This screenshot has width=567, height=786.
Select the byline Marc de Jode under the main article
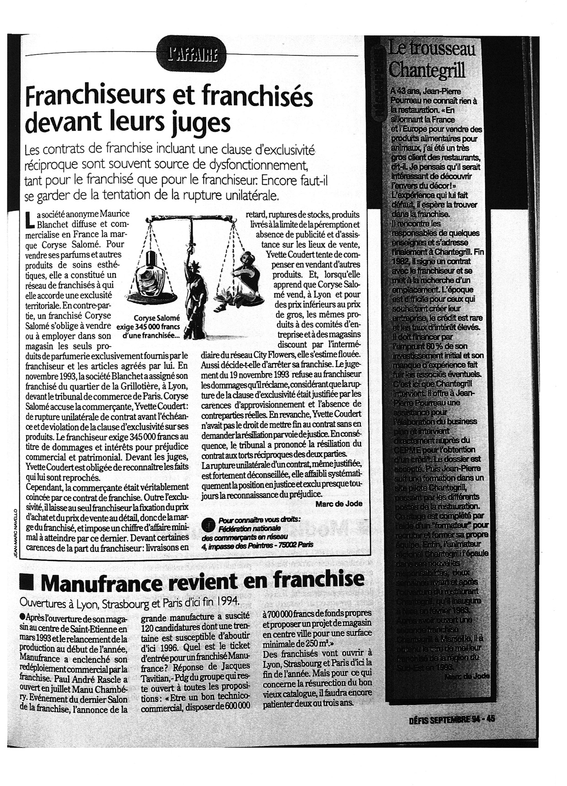(338, 503)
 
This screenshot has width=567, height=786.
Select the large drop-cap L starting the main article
(30, 219)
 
